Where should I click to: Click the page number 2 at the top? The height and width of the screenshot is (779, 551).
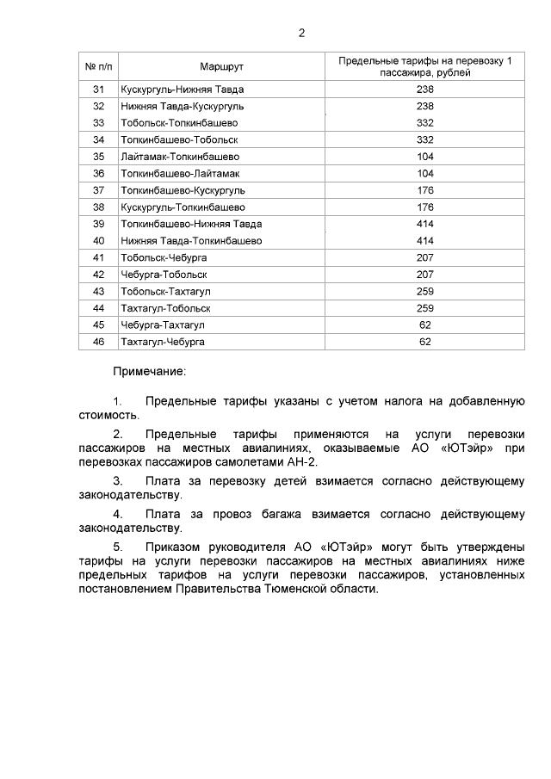coord(301,33)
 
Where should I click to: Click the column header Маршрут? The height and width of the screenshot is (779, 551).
coord(222,66)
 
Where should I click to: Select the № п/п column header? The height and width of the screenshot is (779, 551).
coord(98,66)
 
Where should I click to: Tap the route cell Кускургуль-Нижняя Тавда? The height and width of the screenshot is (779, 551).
coord(183,90)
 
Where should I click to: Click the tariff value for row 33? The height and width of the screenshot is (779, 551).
coord(424,123)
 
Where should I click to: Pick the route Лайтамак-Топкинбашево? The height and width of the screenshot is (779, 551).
coord(181,157)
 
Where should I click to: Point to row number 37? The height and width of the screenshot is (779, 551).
coord(98,190)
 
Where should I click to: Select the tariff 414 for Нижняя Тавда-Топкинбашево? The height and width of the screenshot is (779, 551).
coord(424,241)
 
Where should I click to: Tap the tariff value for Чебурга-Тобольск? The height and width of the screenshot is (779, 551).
coord(424,275)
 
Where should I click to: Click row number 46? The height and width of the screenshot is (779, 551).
coord(98,342)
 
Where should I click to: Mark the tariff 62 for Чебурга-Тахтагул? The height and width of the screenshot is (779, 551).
coord(424,325)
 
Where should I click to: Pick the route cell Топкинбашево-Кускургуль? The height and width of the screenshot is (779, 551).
coord(183,190)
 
